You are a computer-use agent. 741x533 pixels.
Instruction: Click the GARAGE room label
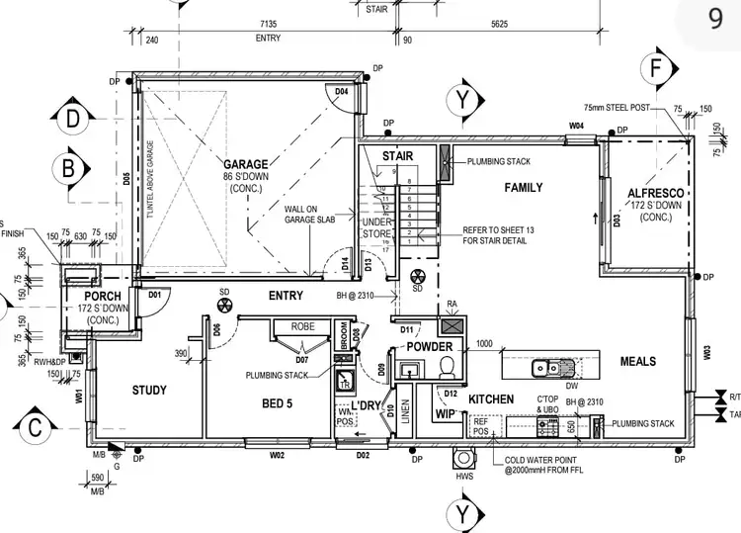(246, 163)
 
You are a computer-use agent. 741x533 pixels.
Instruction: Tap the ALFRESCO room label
(654, 193)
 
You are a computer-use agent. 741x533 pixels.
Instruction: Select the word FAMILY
(525, 187)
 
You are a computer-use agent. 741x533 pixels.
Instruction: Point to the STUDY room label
(149, 391)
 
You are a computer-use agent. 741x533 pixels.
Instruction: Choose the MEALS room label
(638, 362)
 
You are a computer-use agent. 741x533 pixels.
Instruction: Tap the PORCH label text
(102, 297)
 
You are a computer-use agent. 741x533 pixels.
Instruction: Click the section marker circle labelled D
(73, 119)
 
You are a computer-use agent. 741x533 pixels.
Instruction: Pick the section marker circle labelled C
(33, 428)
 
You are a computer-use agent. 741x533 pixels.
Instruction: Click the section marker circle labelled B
(68, 168)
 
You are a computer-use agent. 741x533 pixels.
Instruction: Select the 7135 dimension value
(268, 23)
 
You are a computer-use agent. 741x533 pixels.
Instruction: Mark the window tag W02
(277, 455)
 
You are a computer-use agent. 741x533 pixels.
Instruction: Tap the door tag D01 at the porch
(155, 294)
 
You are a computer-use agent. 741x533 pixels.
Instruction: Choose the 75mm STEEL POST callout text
(617, 106)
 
